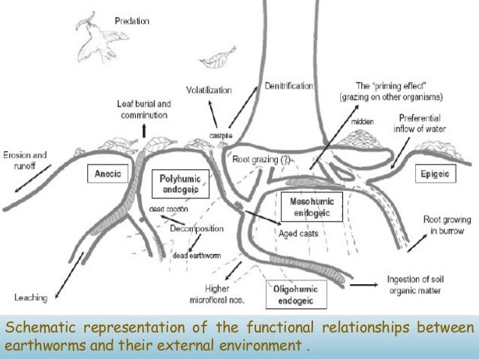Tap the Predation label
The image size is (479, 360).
pyautogui.click(x=131, y=22)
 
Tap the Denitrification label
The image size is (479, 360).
pyautogui.click(x=288, y=86)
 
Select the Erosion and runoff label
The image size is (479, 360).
pyautogui.click(x=26, y=160)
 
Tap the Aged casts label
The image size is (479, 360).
pyautogui.click(x=298, y=234)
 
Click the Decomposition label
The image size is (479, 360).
pyautogui.click(x=197, y=228)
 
